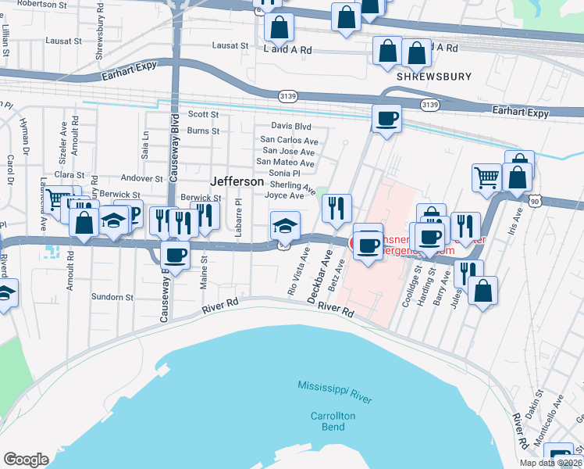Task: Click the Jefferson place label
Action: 237,181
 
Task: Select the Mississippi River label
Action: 334,389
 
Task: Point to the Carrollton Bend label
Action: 333,422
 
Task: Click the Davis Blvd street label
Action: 291,126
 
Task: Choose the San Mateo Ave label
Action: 286,163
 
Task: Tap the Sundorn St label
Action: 112,297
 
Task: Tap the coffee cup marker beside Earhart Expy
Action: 386,120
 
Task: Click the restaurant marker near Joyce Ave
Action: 337,208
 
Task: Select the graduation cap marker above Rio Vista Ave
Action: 284,226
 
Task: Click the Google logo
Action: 26,460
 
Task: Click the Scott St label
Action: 203,114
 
